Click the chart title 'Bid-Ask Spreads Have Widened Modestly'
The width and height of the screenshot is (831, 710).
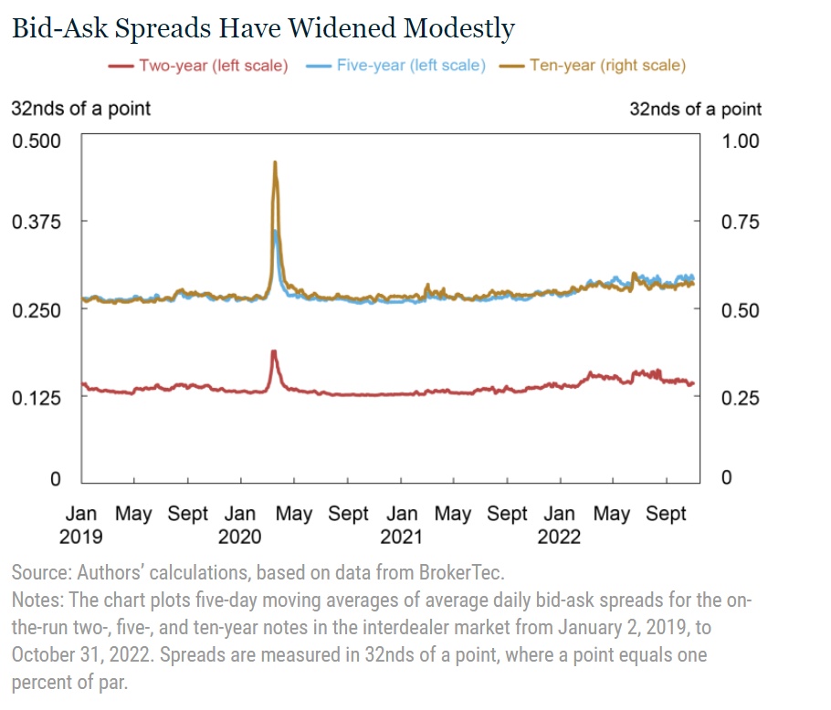(263, 28)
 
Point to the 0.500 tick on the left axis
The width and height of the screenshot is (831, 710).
(35, 141)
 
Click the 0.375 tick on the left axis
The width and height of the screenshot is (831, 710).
(35, 222)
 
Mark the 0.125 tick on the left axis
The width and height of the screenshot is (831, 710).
(35, 398)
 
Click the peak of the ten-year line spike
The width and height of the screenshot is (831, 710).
(275, 162)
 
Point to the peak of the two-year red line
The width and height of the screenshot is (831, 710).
(273, 351)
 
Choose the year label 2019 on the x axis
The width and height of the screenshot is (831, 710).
(81, 537)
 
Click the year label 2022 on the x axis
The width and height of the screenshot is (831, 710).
(559, 537)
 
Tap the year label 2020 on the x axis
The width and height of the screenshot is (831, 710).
(242, 537)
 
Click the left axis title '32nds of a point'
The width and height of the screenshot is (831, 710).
(80, 109)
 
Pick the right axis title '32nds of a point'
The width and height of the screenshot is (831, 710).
(695, 109)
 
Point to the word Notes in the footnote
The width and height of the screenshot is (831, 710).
(36, 602)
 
